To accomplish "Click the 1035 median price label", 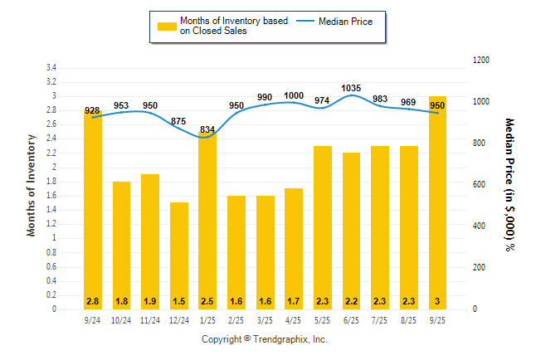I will [351, 87].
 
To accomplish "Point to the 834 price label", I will [207, 129].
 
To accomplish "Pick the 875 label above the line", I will [179, 121].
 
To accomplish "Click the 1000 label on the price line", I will [294, 95].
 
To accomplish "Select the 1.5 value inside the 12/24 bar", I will [179, 300].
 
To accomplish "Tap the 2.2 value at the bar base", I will [351, 300].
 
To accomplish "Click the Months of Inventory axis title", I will [32, 188].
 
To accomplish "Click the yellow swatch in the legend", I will [166, 26].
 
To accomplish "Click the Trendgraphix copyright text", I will [265, 340].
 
